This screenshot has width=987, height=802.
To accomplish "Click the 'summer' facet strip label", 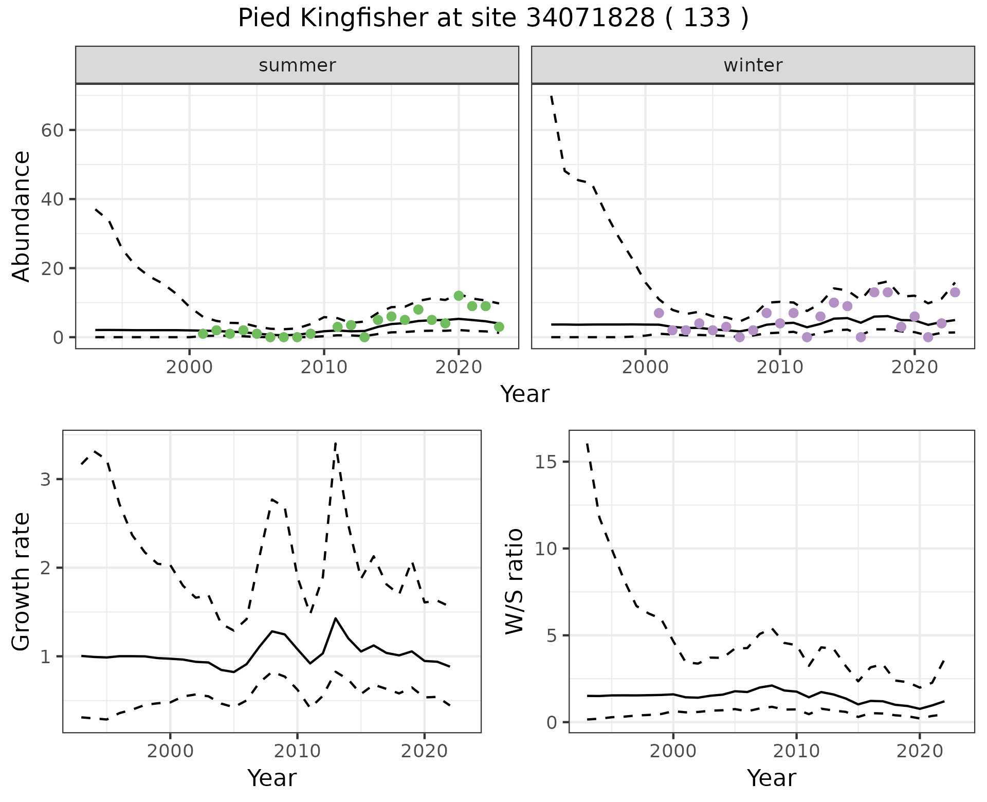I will point(297,65).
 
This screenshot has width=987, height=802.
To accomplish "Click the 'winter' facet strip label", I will point(753,65).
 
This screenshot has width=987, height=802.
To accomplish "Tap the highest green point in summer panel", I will point(459,296).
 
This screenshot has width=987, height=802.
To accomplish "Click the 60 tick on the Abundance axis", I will point(51,130).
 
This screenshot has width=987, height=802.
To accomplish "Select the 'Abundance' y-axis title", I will point(22,216).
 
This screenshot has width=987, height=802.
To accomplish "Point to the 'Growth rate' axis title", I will point(22,581).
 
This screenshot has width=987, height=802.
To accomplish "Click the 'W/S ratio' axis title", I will point(514,581).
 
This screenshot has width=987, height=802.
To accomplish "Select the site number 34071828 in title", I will point(590,19).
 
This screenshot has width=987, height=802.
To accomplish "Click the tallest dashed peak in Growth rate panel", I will point(335,443).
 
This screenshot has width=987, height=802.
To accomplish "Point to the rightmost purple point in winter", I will point(955,292).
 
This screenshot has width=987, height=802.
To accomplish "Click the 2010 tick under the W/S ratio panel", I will point(796,751).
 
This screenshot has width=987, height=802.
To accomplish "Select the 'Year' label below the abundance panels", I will point(524,394).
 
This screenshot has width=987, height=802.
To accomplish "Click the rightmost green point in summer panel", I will point(499,327).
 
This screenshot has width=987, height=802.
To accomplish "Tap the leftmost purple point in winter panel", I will point(659,313).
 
